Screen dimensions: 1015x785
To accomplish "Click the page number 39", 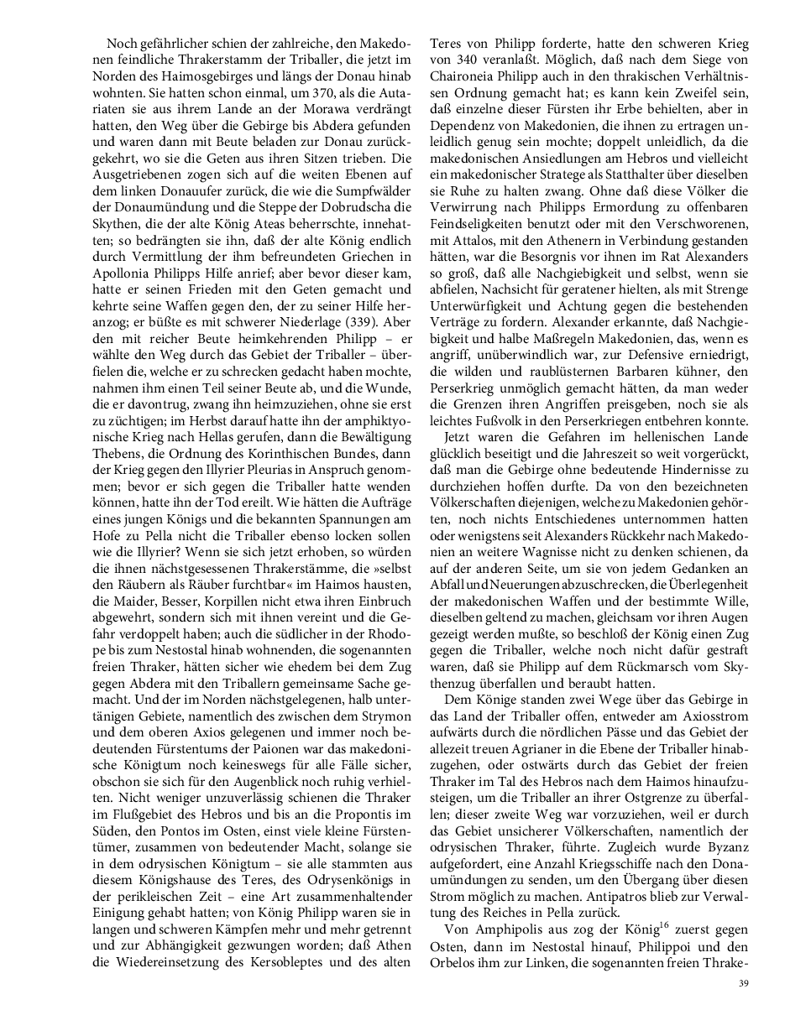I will (742, 983).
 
